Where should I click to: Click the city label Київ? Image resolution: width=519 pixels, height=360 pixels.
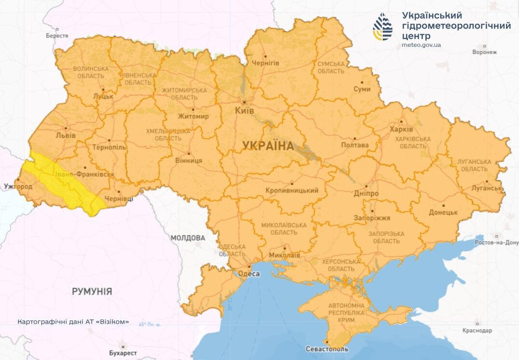tap(245, 111)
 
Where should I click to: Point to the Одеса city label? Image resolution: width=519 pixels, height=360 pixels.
tap(249, 274)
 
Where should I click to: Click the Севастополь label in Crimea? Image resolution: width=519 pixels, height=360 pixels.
tap(327, 349)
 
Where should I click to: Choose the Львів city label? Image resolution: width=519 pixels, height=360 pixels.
tap(66, 135)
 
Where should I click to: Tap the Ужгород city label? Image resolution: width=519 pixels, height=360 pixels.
tap(17, 186)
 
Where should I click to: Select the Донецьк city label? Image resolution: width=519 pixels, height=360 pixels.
tap(443, 212)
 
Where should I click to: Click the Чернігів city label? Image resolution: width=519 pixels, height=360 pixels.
tap(265, 63)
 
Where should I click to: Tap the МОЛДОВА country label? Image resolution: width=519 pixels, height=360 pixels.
tap(188, 238)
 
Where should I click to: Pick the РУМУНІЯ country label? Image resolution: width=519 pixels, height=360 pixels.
tap(92, 291)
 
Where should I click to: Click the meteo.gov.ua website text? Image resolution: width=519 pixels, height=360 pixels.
tap(421, 45)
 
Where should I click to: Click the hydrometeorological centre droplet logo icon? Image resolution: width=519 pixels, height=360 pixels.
tap(382, 27)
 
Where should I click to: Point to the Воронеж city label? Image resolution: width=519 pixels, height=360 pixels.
tap(484, 52)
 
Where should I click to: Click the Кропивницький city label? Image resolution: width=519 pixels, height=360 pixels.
tap(292, 190)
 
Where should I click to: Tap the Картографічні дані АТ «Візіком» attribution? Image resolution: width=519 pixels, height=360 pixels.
tap(73, 322)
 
